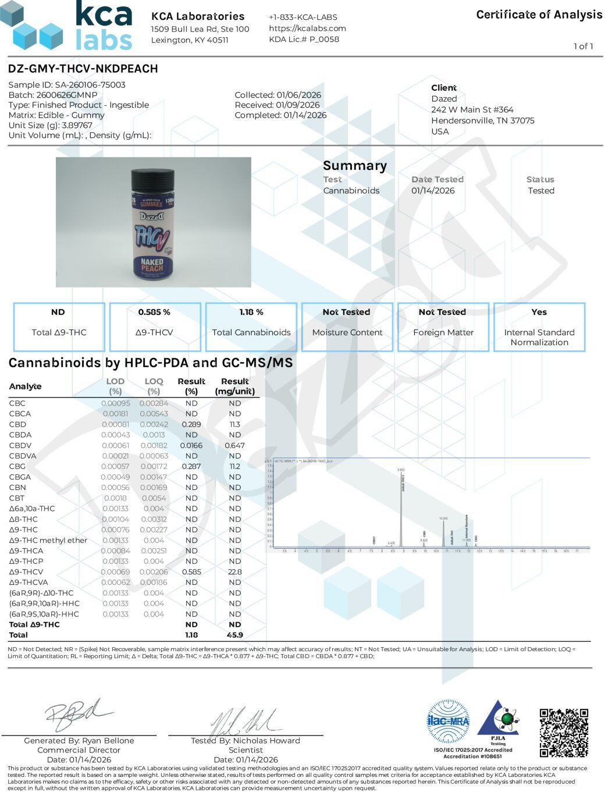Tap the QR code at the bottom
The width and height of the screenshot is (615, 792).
(563, 732)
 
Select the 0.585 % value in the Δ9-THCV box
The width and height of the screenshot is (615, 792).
(154, 312)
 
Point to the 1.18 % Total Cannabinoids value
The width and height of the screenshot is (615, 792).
(251, 312)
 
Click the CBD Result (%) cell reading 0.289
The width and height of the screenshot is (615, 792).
(191, 425)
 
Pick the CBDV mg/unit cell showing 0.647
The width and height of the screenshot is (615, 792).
(234, 446)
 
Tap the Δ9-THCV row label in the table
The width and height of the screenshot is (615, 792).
(26, 572)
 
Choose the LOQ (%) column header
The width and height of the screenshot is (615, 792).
(154, 386)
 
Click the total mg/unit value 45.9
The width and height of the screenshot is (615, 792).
(234, 635)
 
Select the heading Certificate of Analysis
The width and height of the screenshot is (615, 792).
(539, 15)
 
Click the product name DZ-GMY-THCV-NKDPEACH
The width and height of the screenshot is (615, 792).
(83, 69)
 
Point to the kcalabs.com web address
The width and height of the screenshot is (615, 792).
(307, 28)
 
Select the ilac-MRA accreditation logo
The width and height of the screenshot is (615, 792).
(448, 721)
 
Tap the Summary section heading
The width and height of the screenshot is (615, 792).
(354, 166)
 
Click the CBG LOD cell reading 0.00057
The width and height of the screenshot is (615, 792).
(115, 467)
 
